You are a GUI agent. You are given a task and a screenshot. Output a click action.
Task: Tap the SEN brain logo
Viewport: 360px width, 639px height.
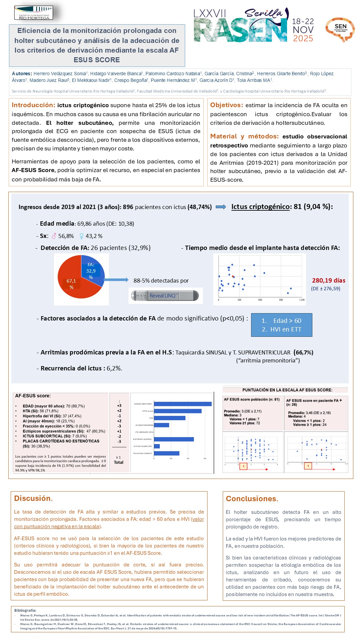[x=340, y=29]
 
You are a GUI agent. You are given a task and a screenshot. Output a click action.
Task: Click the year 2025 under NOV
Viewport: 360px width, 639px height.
[x=303, y=39]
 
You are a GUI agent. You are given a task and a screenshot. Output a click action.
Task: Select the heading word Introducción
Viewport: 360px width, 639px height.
[x=33, y=105]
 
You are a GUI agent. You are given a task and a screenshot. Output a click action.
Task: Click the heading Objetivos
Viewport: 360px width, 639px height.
[x=226, y=105]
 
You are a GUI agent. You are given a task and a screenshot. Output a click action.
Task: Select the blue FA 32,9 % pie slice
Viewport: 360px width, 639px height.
[x=92, y=269]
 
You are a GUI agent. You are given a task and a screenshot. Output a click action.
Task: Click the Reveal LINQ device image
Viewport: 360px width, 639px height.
[x=165, y=296]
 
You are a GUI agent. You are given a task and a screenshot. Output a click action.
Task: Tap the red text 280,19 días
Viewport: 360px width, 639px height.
[x=328, y=281]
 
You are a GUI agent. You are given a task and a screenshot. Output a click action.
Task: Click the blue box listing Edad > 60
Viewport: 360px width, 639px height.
[x=281, y=325]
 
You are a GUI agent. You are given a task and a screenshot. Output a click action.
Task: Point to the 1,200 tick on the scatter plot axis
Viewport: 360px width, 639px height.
[x=302, y=300]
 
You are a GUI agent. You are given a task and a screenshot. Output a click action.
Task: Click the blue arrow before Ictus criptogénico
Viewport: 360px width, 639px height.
[x=221, y=207]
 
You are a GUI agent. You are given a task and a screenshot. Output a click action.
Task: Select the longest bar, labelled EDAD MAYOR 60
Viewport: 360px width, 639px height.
[x=182, y=404]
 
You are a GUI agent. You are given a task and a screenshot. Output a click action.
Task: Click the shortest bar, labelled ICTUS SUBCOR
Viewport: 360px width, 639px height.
[x=157, y=446]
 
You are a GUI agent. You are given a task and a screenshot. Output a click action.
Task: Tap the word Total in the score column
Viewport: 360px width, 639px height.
[x=119, y=462]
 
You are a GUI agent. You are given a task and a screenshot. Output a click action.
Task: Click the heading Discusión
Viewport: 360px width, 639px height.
[x=33, y=498]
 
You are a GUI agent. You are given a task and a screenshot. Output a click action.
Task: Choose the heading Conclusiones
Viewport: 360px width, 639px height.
[x=252, y=499]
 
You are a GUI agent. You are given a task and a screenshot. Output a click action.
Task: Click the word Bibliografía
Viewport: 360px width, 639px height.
[x=25, y=610]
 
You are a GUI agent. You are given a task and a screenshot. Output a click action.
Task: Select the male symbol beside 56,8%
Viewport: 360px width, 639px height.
[x=54, y=236]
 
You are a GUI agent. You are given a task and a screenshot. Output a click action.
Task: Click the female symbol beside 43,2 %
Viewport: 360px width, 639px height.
[x=81, y=236]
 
